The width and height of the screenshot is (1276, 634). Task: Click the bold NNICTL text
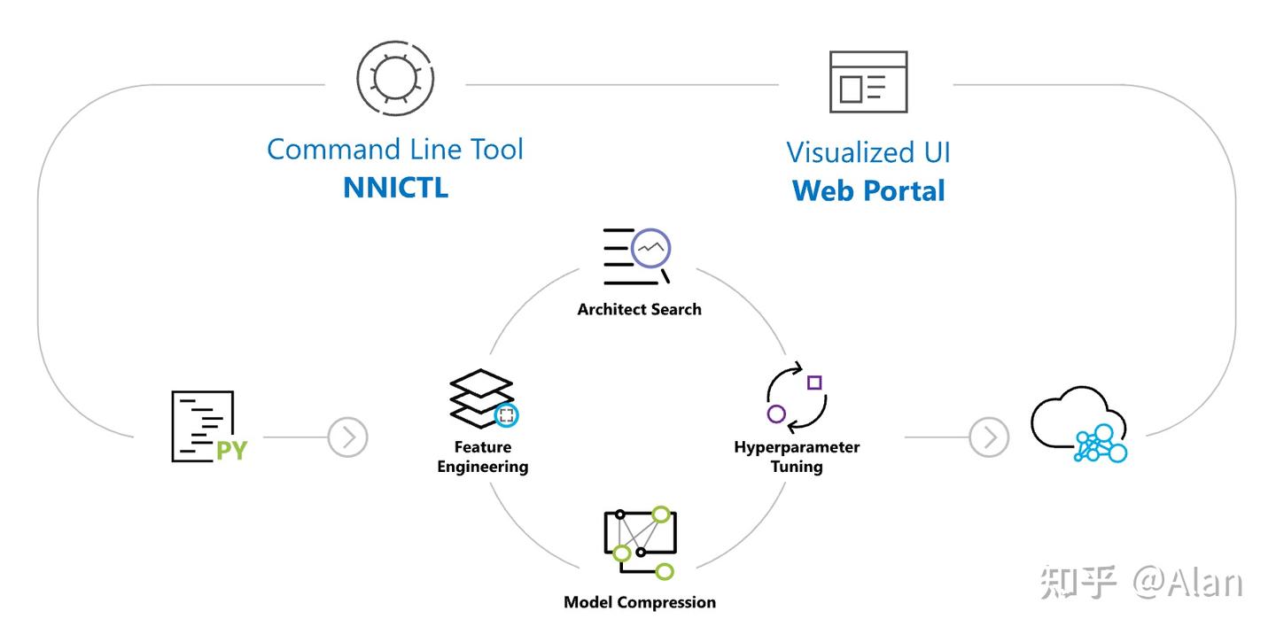point(396,187)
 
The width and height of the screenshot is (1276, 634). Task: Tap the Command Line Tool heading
point(395,149)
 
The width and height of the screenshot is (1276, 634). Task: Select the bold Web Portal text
point(868,190)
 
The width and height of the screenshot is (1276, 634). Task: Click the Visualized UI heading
point(868,152)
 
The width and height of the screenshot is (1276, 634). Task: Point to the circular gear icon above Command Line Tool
point(395,79)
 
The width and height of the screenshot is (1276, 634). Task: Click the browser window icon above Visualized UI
point(868,82)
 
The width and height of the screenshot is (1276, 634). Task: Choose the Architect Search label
point(639,310)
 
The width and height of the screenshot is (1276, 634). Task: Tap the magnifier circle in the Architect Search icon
point(651,248)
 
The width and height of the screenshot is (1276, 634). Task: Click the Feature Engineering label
point(483,457)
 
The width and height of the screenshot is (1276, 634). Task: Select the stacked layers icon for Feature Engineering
point(484,398)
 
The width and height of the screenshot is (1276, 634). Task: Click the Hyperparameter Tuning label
point(797,457)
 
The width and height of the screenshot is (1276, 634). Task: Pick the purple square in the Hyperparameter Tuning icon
point(814,383)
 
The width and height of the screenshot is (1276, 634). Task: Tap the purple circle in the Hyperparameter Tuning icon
point(776,414)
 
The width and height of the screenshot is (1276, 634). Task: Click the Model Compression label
point(640,602)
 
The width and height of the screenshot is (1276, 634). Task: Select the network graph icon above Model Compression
point(641,543)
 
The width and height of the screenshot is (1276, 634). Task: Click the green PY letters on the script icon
point(232,451)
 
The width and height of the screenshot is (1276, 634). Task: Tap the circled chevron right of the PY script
point(347,437)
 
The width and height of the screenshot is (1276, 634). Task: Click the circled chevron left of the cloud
point(990,437)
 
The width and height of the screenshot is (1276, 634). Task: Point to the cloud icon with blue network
point(1079,424)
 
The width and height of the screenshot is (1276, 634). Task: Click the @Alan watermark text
point(1187,583)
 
